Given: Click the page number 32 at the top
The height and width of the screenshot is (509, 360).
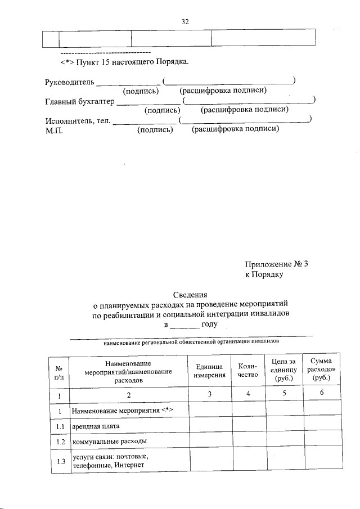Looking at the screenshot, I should [185, 22].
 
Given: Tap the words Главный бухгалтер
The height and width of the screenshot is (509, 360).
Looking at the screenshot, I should [79, 102].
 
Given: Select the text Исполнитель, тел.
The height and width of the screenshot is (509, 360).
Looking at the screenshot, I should [78, 121].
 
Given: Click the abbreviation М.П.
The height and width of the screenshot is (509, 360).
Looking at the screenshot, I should [54, 130].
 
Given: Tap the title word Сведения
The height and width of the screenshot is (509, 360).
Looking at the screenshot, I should [190, 294].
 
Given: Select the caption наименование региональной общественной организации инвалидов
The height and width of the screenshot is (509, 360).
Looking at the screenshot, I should [191, 341].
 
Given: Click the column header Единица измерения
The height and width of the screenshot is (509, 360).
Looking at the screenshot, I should [209, 371].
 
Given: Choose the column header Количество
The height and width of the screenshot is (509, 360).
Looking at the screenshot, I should [247, 371].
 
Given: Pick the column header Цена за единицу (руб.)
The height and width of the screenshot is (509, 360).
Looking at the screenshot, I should [283, 371].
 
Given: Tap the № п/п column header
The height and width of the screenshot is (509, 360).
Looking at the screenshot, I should [58, 372].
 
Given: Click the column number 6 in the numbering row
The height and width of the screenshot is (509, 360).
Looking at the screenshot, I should [321, 394].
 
